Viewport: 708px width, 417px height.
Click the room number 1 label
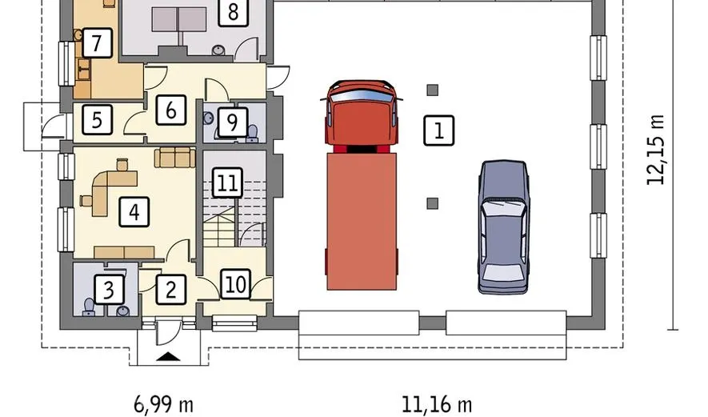pyautogui.click(x=439, y=130)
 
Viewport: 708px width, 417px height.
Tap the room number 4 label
pyautogui.click(x=134, y=212)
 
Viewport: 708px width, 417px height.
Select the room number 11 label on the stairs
pyautogui.click(x=227, y=183)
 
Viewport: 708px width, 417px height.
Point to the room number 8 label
pyautogui.click(x=233, y=12)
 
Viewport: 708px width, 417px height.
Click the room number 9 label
pyautogui.click(x=232, y=122)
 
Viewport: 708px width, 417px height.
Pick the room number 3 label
pyautogui.click(x=109, y=290)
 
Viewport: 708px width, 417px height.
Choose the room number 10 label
pyautogui.click(x=235, y=284)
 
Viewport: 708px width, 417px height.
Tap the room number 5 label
pyautogui.click(x=97, y=120)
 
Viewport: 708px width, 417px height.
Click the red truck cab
pyautogui.click(x=362, y=115)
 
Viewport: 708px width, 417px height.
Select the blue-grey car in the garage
pyautogui.click(x=503, y=227)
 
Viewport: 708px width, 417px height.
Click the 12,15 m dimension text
pyautogui.click(x=656, y=150)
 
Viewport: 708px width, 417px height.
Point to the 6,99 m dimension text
pyautogui.click(x=163, y=404)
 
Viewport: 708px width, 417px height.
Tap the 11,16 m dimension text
pyautogui.click(x=437, y=404)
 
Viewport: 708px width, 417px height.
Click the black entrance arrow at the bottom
pyautogui.click(x=168, y=357)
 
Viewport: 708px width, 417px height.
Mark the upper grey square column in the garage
pyautogui.click(x=432, y=90)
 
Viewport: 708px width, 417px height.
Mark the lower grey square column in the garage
pyautogui.click(x=432, y=203)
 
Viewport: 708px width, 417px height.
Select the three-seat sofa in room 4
pyautogui.click(x=174, y=157)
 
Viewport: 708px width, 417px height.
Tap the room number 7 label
pyautogui.click(x=97, y=43)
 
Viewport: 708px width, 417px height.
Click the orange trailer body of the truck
pyautogui.click(x=362, y=222)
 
